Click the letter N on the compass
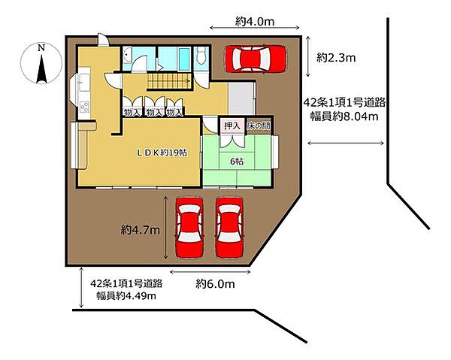point(41,48)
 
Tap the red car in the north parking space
point(256,59)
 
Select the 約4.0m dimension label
point(255,21)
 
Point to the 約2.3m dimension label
point(336,58)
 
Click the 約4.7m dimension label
point(140,230)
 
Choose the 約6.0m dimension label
point(215,284)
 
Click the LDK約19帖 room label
point(162,153)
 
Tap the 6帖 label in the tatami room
point(237,162)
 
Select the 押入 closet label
point(232,126)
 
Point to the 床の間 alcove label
point(259,126)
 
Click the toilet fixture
point(201,56)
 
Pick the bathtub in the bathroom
point(184,59)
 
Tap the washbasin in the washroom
point(127,55)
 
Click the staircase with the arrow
point(169,81)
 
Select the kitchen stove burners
point(84,107)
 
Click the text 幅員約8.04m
point(344,116)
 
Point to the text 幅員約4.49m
point(126,295)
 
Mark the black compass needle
point(41,68)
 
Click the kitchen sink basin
point(84,82)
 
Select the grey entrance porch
point(241,98)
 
